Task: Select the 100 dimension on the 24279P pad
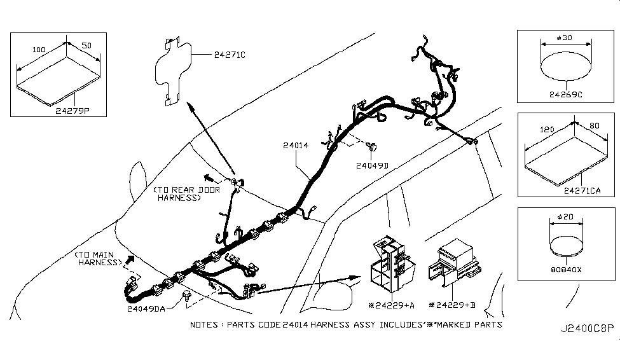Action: click(39, 48)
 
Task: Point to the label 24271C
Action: click(228, 55)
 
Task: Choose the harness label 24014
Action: click(295, 146)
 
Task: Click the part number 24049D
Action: click(372, 165)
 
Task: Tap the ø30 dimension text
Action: click(565, 38)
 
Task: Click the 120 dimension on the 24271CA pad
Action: click(546, 128)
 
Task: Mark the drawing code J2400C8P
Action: click(588, 329)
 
